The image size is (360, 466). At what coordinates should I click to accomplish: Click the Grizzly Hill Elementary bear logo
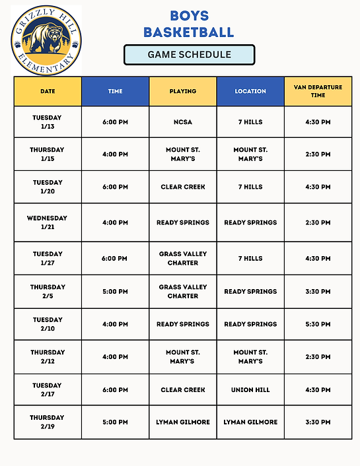click(46, 40)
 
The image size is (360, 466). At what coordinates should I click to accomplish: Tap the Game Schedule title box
click(189, 55)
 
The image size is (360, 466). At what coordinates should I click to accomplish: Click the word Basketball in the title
click(189, 31)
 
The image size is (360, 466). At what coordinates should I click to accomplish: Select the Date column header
click(48, 91)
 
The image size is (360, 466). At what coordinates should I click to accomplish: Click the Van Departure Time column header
click(318, 91)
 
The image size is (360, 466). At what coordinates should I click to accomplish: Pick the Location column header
click(250, 91)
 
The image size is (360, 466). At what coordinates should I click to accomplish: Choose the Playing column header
click(183, 91)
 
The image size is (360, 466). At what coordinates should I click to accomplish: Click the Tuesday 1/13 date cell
click(48, 122)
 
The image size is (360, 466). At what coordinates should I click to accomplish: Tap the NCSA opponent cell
click(183, 122)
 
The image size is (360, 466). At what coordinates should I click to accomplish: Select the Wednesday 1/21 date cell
click(48, 222)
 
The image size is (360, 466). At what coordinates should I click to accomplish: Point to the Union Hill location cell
click(250, 390)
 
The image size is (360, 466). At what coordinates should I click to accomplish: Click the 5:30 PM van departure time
click(318, 324)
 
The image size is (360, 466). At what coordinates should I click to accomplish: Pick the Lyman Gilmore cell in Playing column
click(183, 422)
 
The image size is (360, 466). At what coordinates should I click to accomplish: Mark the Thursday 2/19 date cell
click(48, 422)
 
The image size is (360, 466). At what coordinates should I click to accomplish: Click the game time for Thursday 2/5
click(115, 291)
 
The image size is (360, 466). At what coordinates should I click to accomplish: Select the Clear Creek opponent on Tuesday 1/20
click(183, 187)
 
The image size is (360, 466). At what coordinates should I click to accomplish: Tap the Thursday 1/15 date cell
click(48, 154)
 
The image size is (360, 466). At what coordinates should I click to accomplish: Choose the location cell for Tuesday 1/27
click(250, 258)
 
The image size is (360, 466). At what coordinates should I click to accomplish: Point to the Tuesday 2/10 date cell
click(48, 324)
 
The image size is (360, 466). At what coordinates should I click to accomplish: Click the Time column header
click(115, 91)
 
